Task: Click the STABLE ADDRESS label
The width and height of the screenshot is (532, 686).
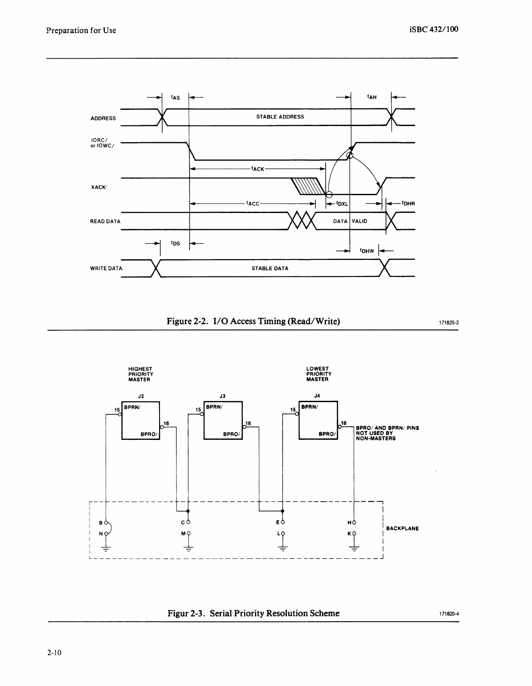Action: click(x=280, y=117)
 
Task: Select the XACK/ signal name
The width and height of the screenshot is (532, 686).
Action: click(x=99, y=187)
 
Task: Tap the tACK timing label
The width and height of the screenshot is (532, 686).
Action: click(x=258, y=169)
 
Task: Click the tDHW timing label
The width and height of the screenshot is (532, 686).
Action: click(x=367, y=251)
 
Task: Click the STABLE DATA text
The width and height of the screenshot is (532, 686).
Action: click(x=270, y=269)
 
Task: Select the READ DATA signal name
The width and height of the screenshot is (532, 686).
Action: click(x=105, y=222)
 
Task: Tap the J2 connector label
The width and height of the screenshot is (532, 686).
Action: click(x=141, y=396)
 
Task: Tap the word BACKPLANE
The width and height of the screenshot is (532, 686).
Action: click(x=402, y=529)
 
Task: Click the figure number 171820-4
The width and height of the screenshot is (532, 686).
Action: click(x=449, y=614)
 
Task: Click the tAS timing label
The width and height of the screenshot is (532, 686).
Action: click(x=176, y=98)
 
